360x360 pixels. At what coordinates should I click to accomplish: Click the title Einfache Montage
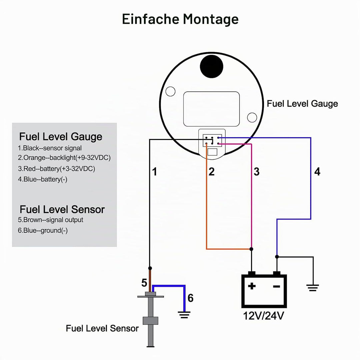pyautogui.click(x=180, y=19)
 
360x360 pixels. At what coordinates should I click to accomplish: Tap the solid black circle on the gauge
pyautogui.click(x=211, y=66)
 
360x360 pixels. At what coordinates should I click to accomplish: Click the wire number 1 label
pyautogui.click(x=155, y=172)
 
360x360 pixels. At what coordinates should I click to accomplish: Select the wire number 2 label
pyautogui.click(x=211, y=172)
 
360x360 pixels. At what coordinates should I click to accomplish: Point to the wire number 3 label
pyautogui.click(x=257, y=172)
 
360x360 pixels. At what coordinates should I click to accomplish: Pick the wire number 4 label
pyautogui.click(x=317, y=172)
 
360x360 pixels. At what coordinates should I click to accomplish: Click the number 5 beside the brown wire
pyautogui.click(x=144, y=283)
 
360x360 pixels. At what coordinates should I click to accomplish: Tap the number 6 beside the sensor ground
pyautogui.click(x=191, y=298)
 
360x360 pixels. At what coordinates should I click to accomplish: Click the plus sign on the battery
pyautogui.click(x=252, y=286)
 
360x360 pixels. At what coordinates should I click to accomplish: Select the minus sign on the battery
pyautogui.click(x=276, y=286)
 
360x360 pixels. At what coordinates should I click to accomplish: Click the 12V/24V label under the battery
pyautogui.click(x=264, y=316)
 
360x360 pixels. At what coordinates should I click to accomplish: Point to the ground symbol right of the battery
pyautogui.click(x=313, y=288)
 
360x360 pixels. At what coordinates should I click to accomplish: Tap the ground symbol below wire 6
pyautogui.click(x=184, y=315)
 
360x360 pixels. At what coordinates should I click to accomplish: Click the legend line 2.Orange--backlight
pyautogui.click(x=64, y=158)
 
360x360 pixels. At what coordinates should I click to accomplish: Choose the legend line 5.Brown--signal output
pyautogui.click(x=51, y=220)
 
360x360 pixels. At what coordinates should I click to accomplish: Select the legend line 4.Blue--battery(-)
pyautogui.click(x=43, y=179)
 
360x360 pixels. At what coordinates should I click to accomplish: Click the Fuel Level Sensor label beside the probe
pyautogui.click(x=102, y=328)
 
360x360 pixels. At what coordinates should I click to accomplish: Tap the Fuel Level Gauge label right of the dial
pyautogui.click(x=302, y=104)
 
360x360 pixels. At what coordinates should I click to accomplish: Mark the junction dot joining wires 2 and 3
pyautogui.click(x=251, y=249)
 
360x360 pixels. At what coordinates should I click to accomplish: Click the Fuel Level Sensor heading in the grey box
pyautogui.click(x=62, y=209)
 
